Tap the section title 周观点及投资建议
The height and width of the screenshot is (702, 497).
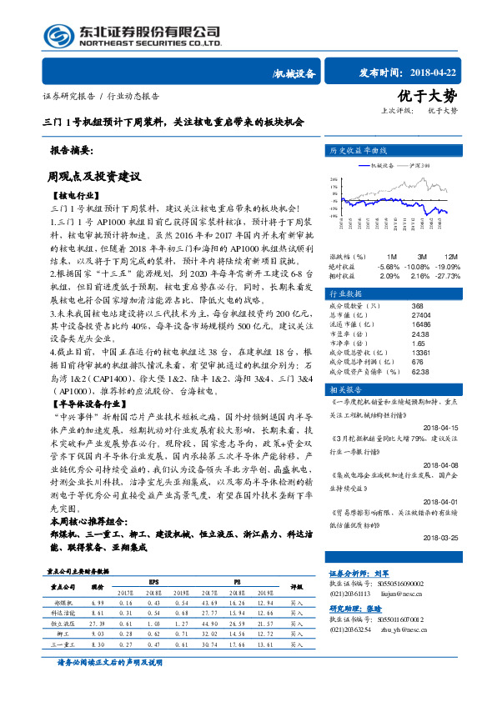[93, 177]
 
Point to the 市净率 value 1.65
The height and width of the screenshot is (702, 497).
[419, 343]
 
